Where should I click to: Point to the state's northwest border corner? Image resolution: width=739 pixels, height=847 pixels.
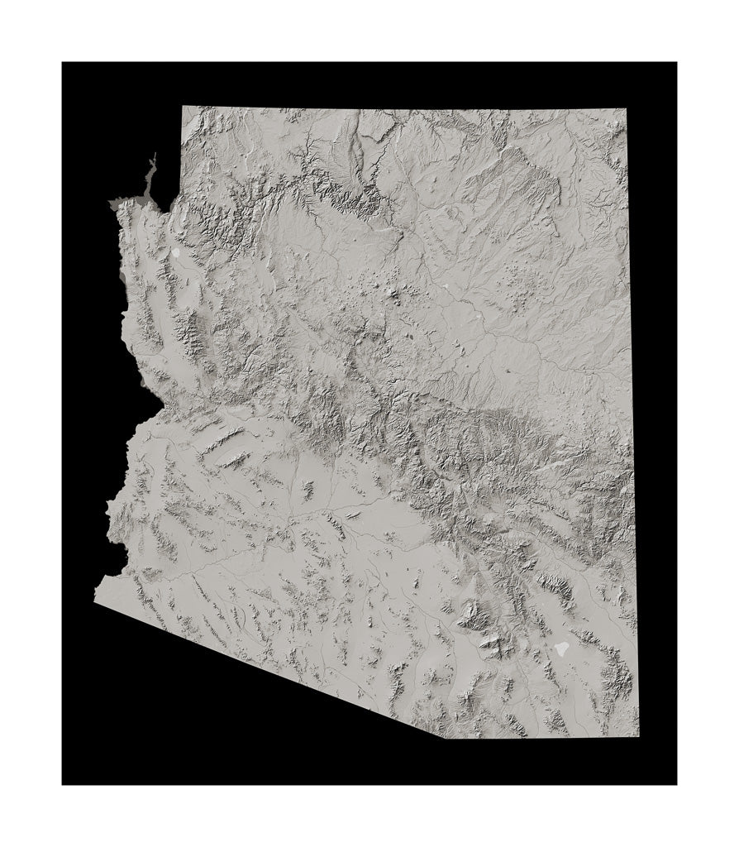pyautogui.click(x=183, y=107)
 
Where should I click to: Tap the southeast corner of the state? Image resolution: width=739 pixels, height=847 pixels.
pyautogui.click(x=638, y=736)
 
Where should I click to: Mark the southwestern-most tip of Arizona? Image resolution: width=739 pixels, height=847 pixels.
pyautogui.click(x=96, y=601)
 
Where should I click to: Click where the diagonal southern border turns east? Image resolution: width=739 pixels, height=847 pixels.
pyautogui.click(x=448, y=738)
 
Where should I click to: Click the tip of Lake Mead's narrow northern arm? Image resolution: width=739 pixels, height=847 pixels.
pyautogui.click(x=154, y=156)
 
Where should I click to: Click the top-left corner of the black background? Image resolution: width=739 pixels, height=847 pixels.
pyautogui.click(x=63, y=63)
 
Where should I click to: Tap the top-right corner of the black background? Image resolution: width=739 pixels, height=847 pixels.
pyautogui.click(x=676, y=63)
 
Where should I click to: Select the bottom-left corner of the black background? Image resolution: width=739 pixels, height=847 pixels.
pyautogui.click(x=63, y=783)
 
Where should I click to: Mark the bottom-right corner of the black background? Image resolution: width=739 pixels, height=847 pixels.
pyautogui.click(x=676, y=783)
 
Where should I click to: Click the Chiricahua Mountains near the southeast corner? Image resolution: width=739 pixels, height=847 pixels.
pyautogui.click(x=616, y=666)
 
